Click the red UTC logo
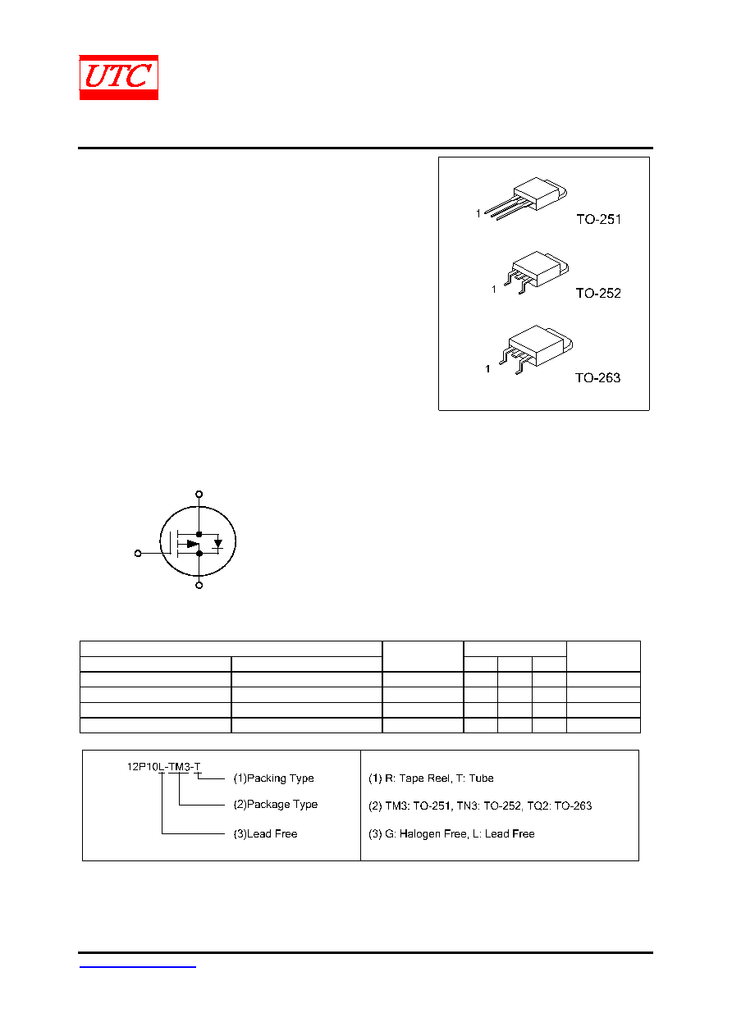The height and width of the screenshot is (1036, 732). tap(118, 77)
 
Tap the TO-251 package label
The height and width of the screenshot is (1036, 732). tap(598, 219)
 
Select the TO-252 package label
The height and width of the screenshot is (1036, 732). tap(597, 293)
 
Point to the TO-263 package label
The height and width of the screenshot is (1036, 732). tap(597, 378)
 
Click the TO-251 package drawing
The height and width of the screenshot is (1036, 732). tap(526, 198)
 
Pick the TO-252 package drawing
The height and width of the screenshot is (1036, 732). tap(536, 272)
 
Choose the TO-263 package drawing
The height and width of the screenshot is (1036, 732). tap(536, 349)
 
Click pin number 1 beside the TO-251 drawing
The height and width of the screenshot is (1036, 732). tap(478, 213)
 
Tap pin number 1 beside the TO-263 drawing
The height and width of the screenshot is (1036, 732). tap(487, 368)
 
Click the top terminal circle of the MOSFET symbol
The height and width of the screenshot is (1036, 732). tap(199, 494)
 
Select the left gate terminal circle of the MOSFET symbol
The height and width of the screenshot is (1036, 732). tap(138, 553)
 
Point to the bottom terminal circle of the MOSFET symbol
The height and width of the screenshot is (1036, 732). tap(199, 585)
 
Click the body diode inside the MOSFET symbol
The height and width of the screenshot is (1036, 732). tap(218, 544)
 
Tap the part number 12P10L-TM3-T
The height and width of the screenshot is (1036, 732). tap(164, 767)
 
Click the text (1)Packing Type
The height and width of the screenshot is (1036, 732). tap(273, 778)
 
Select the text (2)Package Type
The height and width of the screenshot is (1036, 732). tap(275, 805)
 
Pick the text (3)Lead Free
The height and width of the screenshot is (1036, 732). tap(265, 833)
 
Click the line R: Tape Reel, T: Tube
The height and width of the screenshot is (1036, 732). tap(439, 778)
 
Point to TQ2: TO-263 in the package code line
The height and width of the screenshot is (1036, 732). tap(560, 806)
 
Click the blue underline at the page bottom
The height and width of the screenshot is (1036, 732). tap(137, 967)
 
